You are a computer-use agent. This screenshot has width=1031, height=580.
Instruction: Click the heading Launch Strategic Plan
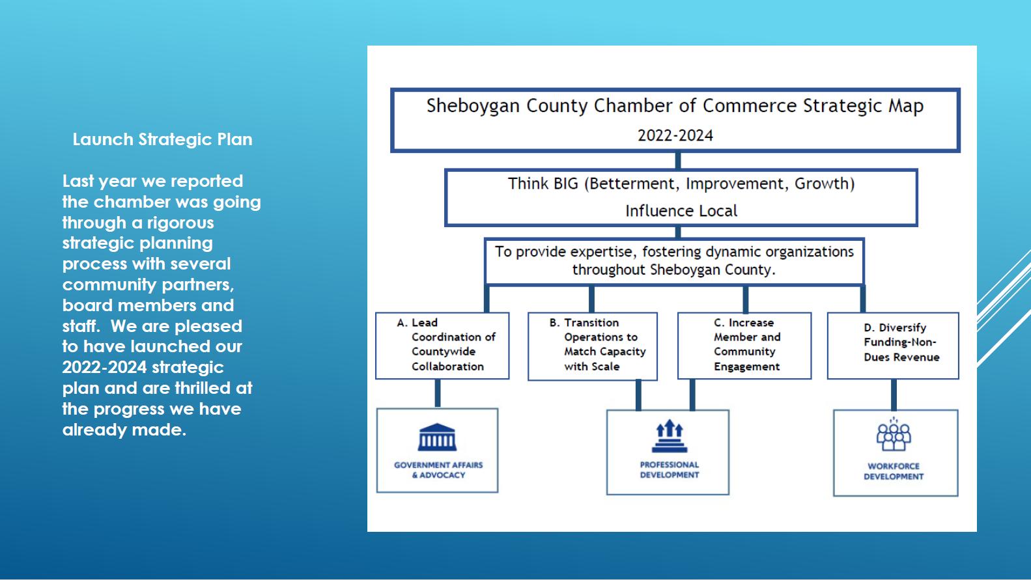tap(162, 139)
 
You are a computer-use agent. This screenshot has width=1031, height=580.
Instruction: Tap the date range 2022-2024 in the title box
tap(675, 135)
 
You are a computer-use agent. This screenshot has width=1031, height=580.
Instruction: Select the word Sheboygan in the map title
tap(473, 106)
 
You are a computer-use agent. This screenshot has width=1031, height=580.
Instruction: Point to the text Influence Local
tap(681, 211)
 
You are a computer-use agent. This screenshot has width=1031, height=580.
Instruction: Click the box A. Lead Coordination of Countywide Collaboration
tap(442, 345)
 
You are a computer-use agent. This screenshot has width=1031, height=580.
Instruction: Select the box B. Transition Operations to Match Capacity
tap(593, 346)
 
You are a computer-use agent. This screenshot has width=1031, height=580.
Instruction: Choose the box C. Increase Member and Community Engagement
tap(744, 345)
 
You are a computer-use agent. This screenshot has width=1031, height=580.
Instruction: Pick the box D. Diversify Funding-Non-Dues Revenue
tap(893, 345)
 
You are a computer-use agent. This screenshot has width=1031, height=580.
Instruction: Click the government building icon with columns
tap(437, 437)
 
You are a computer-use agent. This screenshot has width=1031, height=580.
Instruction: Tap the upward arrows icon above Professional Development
tap(669, 437)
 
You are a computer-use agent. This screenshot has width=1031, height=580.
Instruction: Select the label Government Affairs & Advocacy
tap(438, 470)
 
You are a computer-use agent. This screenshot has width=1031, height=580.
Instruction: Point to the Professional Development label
tap(669, 470)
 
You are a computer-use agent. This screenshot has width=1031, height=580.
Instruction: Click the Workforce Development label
tap(894, 471)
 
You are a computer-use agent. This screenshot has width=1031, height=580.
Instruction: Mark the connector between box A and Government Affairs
tap(438, 393)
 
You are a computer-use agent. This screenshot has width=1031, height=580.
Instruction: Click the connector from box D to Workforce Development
tap(894, 394)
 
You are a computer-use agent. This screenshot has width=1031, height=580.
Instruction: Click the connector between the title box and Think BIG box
tap(678, 160)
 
